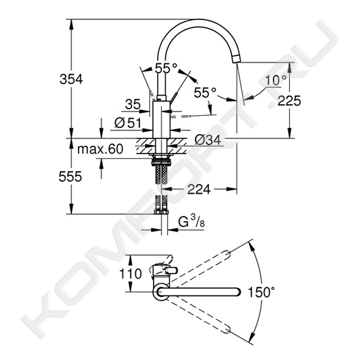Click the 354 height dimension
pos(71,79)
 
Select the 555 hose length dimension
pos(70,177)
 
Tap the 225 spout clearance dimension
pos(289,101)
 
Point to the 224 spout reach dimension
pos(199,189)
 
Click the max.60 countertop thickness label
pos(101,149)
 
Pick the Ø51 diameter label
pos(128,123)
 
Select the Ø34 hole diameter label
pos(208,140)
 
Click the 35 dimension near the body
pos(133,104)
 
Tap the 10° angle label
pos(276,80)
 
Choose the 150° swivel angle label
pos(261,292)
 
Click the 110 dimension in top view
pos(130,274)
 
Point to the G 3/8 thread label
pos(191,222)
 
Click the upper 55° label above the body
pos(166,68)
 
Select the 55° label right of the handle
pos(205,93)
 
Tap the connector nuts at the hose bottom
pos(162,212)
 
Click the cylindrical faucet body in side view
pos(161,119)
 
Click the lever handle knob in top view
pos(171,270)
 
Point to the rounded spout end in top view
pos(238,292)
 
